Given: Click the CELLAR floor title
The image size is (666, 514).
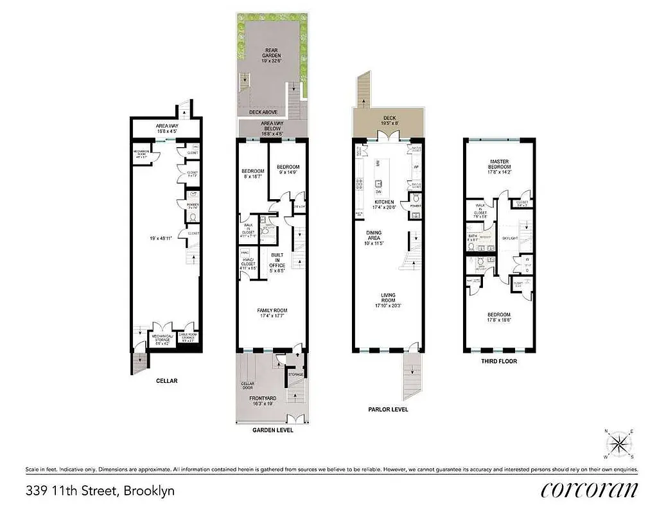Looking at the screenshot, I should pos(166,380).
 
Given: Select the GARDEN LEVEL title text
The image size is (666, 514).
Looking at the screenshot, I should pos(271,430).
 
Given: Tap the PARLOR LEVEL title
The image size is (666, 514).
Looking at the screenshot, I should pos(387,409).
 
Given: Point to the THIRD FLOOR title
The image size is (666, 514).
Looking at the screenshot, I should pos(500,361).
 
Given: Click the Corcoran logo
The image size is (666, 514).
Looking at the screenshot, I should pos(590,490).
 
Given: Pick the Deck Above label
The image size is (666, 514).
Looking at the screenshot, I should pos(263,112).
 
